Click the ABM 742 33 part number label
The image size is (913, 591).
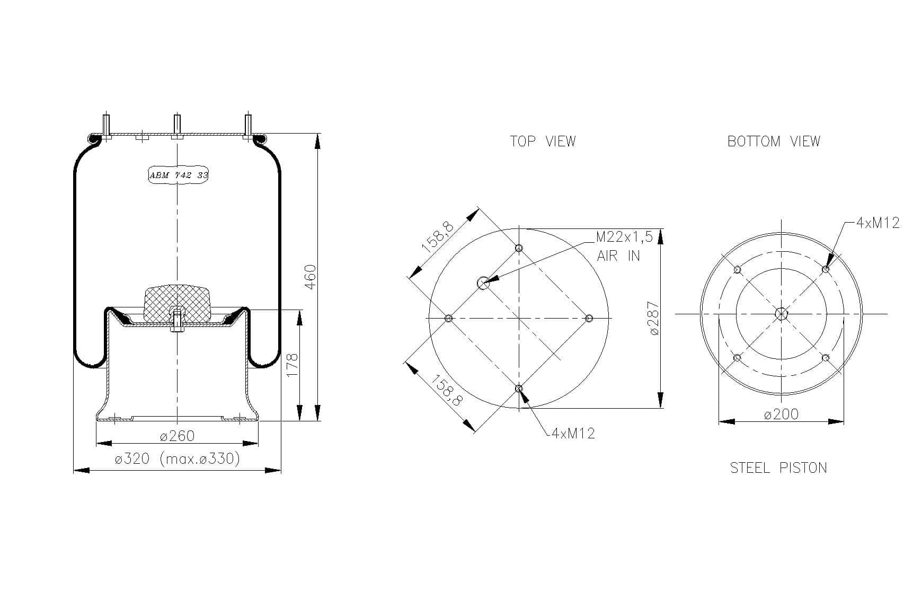179,175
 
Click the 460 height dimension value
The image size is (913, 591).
311,277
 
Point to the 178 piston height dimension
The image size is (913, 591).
292,365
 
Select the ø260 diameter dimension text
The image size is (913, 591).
177,436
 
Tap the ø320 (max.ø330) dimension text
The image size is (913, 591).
177,458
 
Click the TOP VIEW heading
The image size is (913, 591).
543,141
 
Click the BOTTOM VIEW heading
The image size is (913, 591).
774,141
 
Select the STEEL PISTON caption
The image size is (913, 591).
778,467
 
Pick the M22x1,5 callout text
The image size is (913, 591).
624,236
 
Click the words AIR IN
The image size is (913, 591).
618,255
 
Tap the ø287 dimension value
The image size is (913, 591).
654,318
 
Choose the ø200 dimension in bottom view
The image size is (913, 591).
781,414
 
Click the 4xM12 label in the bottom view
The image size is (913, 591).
878,223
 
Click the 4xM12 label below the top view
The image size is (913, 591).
573,434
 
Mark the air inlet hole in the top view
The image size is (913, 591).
483,283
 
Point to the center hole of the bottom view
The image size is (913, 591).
781,314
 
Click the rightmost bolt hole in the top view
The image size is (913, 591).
589,318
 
